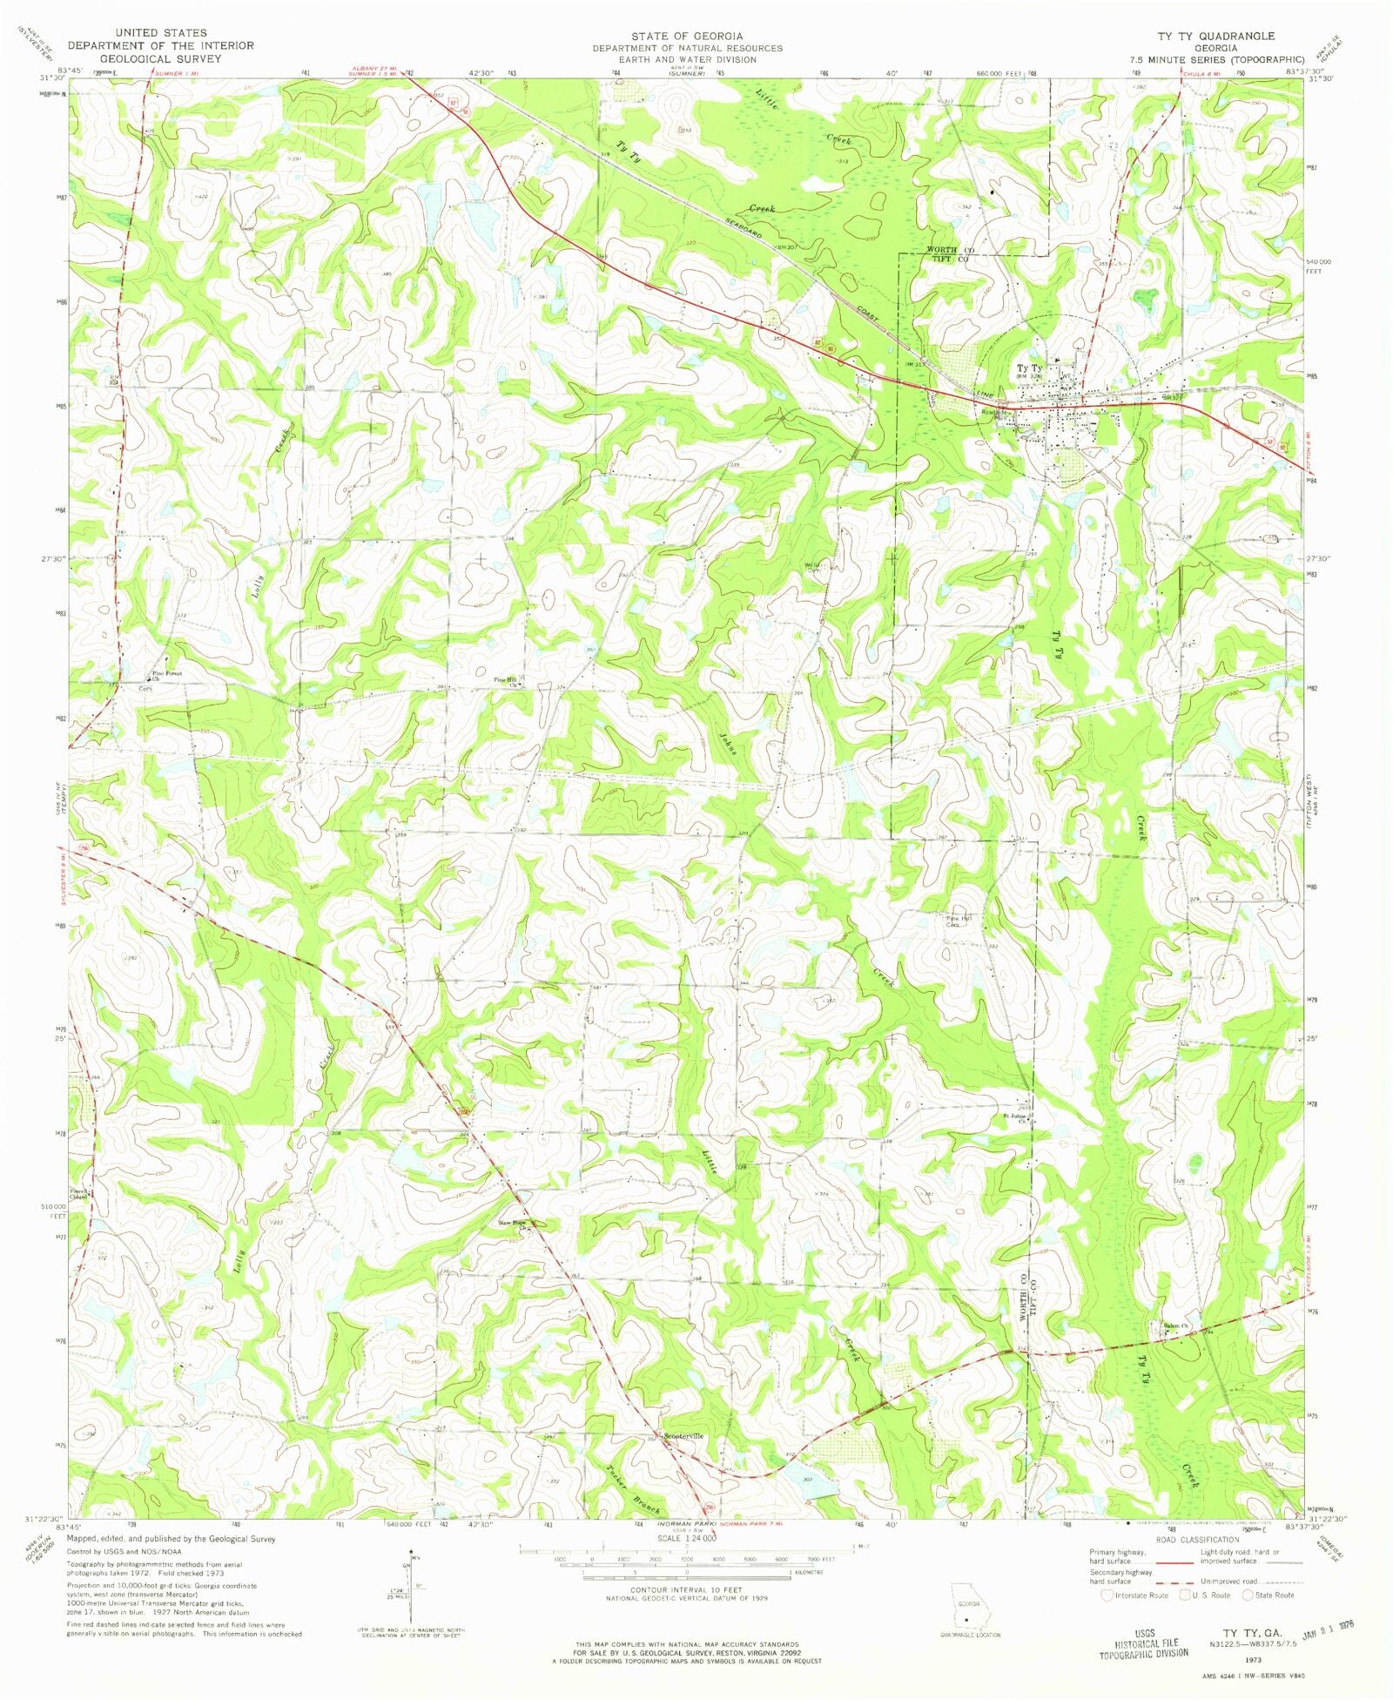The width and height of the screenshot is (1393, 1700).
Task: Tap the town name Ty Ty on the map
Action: [x=1029, y=368]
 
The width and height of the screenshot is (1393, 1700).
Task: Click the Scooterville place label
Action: [x=683, y=1435]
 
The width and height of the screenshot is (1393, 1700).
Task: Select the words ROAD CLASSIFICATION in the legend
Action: [x=1198, y=1539]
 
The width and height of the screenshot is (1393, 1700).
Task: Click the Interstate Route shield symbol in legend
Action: [x=1107, y=1595]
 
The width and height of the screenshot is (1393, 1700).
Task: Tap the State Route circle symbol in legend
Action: [x=1247, y=1595]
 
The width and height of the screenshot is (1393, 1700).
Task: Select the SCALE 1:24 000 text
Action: [x=682, y=1539]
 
